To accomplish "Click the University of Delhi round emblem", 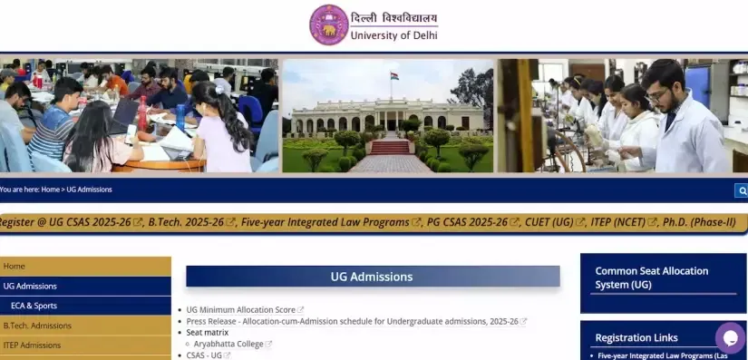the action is coord(329,24).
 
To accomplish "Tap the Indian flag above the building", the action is coord(394,76).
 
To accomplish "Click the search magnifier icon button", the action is coord(742,190).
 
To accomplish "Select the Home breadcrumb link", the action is coord(50,190).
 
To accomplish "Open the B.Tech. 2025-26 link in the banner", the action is coord(186,222).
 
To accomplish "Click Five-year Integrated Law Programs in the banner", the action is coord(325,222).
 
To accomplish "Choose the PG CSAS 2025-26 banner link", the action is coord(467,222).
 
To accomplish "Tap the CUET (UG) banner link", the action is coord(549,222).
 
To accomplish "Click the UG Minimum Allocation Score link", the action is coord(241,310).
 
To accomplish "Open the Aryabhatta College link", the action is coord(228,344).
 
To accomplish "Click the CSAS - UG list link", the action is coord(204,355).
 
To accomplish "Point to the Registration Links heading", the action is coord(636,337).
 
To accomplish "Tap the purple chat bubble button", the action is coord(731,337).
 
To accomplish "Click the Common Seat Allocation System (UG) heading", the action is coord(652,277).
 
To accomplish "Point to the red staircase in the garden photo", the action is coord(391,147).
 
